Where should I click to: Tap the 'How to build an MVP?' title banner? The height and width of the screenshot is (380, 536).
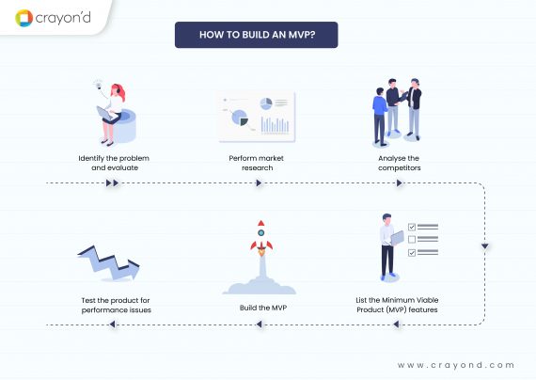click(x=256, y=36)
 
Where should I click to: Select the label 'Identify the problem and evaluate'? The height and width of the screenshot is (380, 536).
click(x=112, y=162)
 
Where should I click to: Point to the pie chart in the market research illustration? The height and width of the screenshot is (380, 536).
click(x=239, y=119)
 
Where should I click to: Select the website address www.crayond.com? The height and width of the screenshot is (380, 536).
click(x=456, y=364)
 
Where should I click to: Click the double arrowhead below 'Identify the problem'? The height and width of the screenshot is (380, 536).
click(x=112, y=182)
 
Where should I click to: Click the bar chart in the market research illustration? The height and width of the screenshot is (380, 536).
click(x=275, y=123)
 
